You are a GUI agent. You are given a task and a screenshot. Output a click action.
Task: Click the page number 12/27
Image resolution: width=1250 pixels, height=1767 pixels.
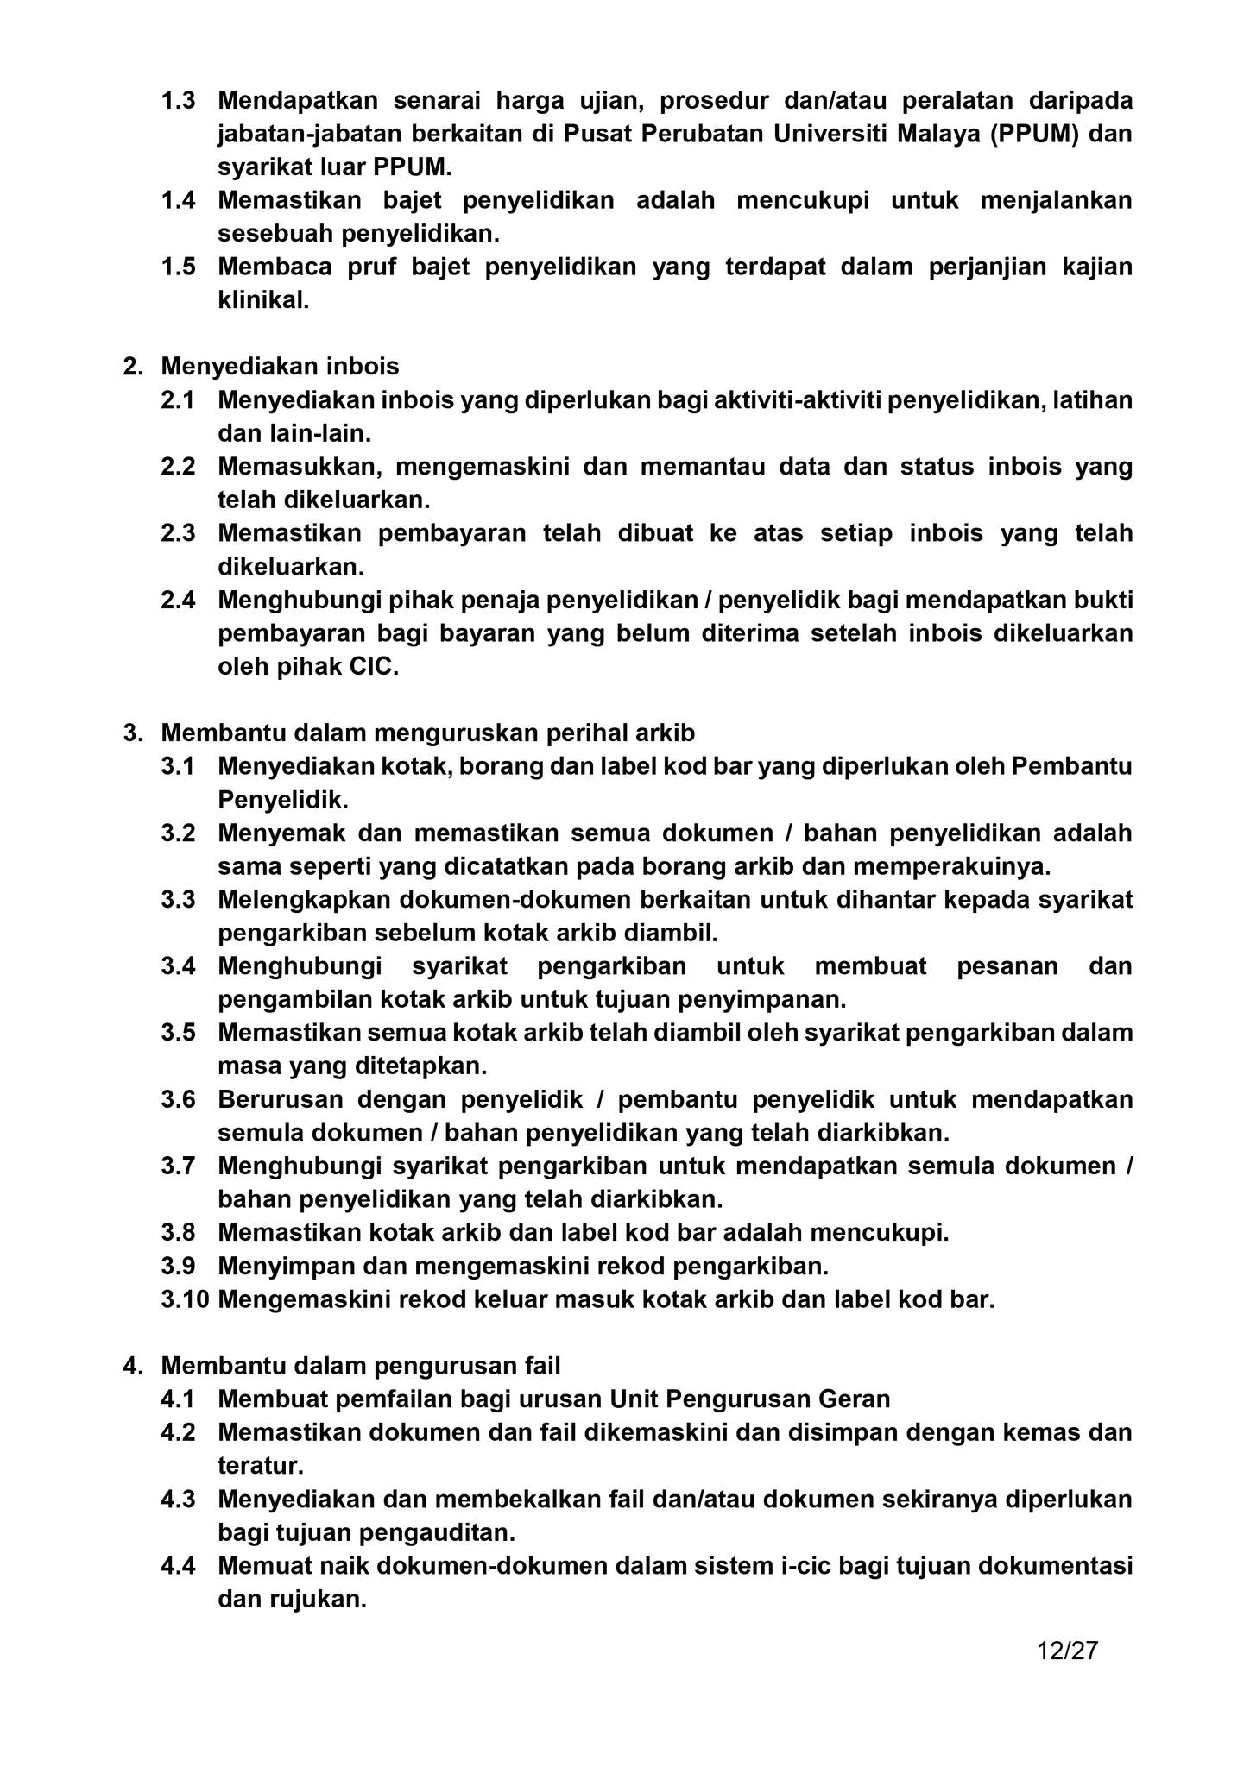coord(1067,1651)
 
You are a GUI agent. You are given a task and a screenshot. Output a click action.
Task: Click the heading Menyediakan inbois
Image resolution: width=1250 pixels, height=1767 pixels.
coord(280,367)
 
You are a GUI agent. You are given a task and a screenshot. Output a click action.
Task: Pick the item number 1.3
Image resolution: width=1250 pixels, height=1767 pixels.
coord(178,101)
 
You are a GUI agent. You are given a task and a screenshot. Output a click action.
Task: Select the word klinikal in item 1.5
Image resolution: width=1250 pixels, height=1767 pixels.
coord(262,300)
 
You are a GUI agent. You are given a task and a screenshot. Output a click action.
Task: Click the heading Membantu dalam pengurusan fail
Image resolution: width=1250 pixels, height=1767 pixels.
coord(361,1366)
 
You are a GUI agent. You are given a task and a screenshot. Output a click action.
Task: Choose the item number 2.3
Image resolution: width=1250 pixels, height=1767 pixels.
coord(178,533)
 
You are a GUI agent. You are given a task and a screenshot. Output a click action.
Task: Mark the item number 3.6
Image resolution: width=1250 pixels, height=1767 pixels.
coord(178,1099)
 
